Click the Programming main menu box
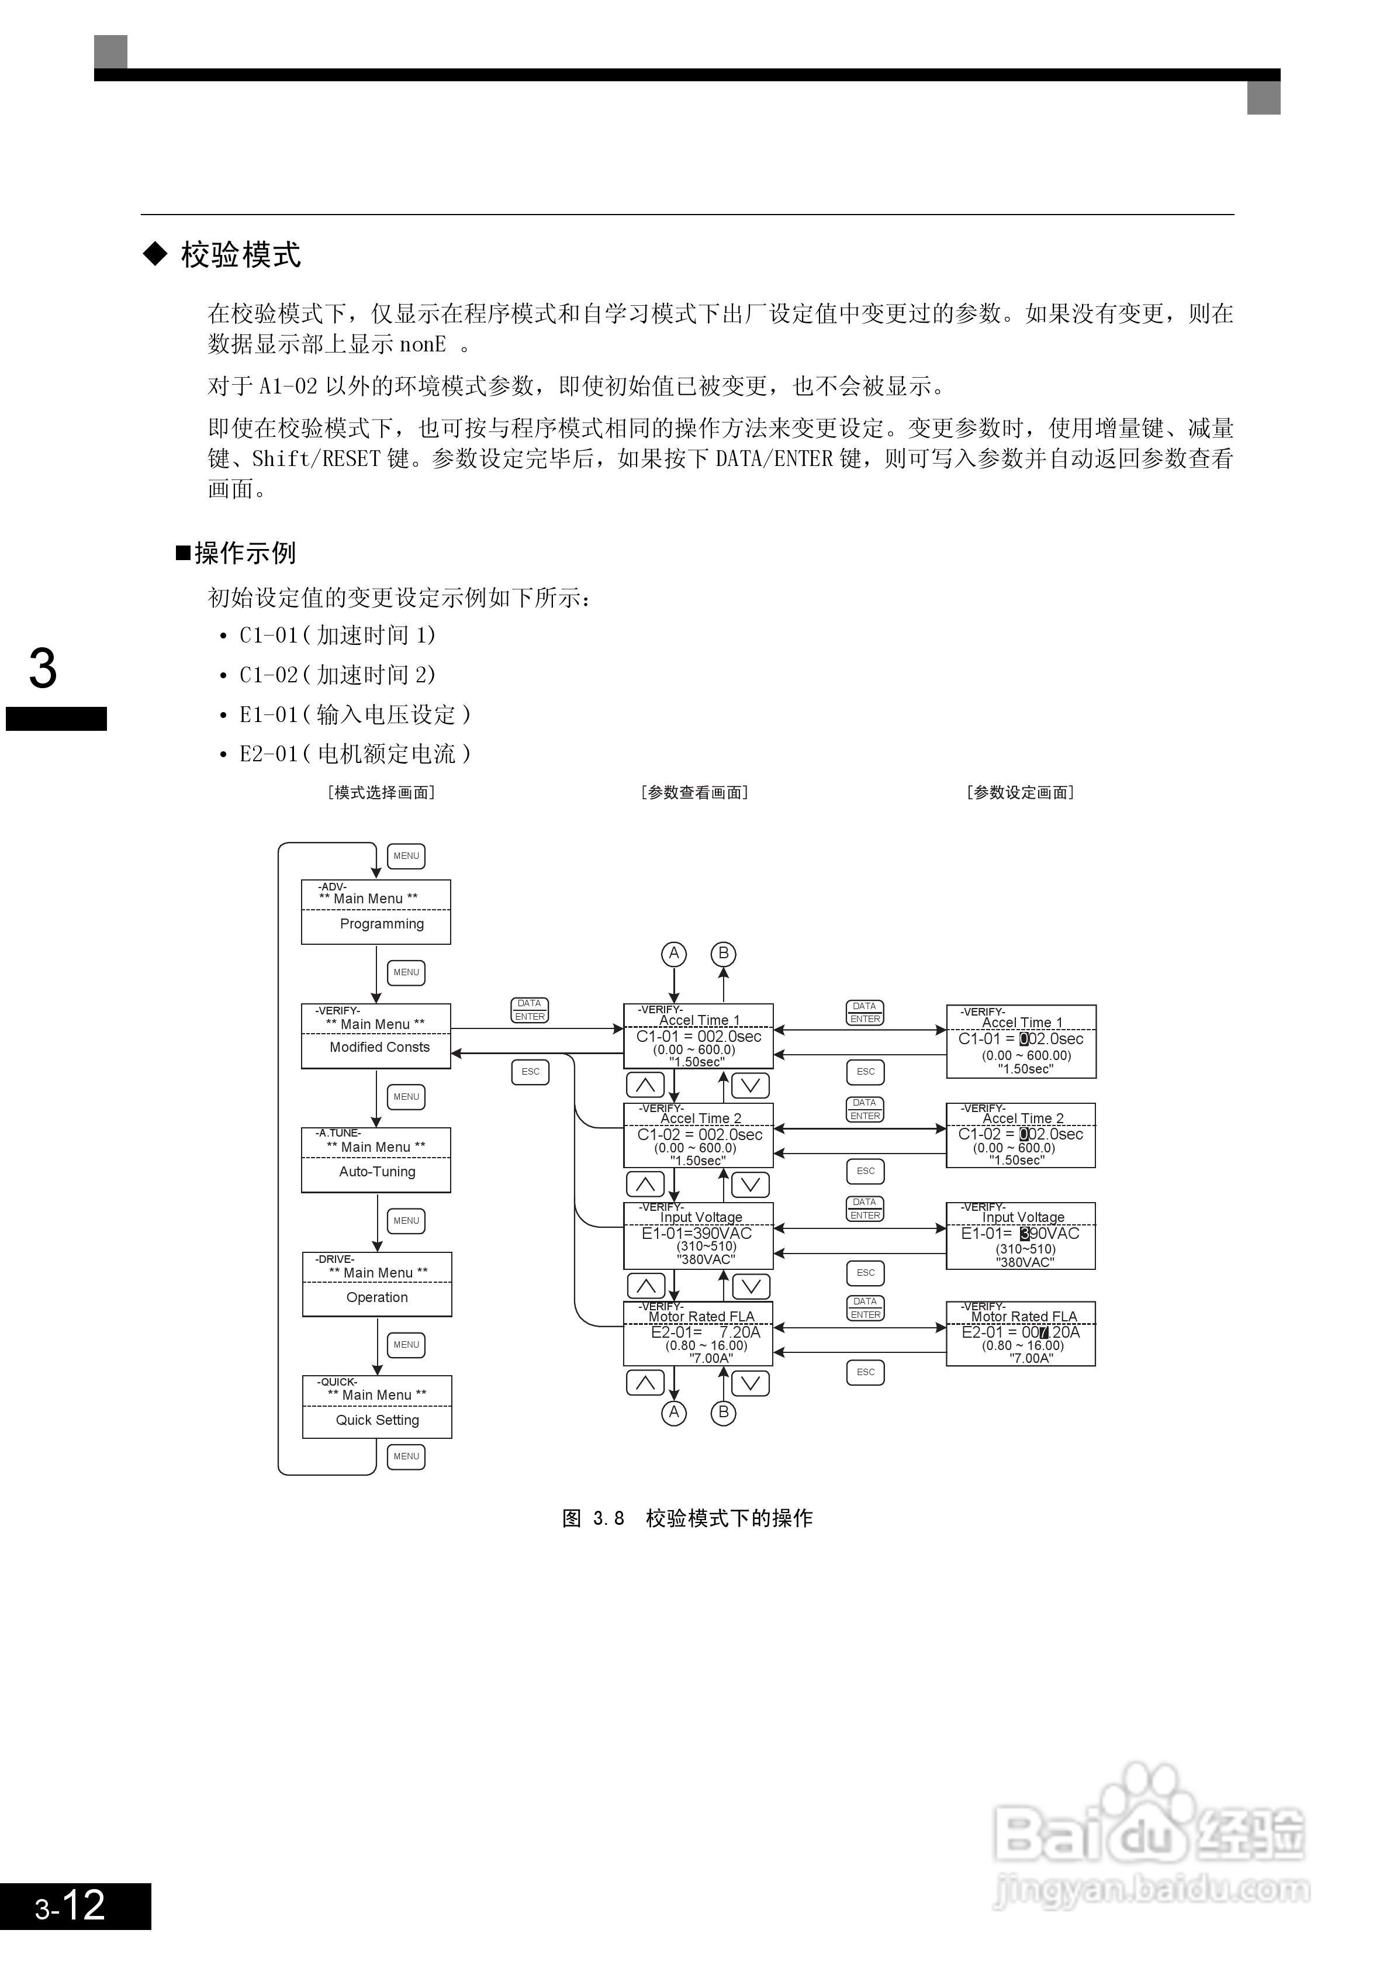pos(376,912)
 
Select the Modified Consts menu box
pos(376,1036)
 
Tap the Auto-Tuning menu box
pos(376,1160)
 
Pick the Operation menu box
pos(377,1284)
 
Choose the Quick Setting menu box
pos(377,1407)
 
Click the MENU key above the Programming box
pos(406,856)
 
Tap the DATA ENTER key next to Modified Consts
pos(530,1010)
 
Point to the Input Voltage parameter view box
pos(698,1236)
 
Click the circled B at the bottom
pos(724,1412)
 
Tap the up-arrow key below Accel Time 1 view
pos(645,1085)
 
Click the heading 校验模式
pos(240,255)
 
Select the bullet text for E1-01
pos(354,714)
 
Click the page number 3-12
pos(71,1905)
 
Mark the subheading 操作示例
pos(244,553)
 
